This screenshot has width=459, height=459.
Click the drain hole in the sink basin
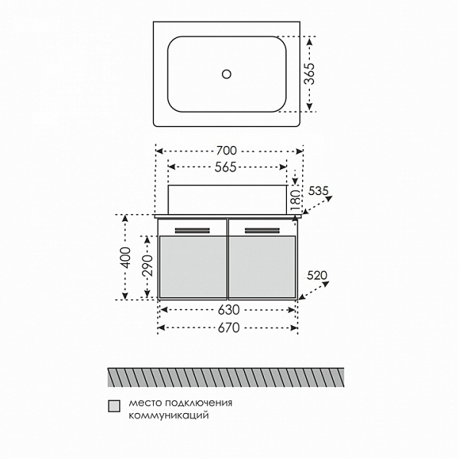[x=226, y=74]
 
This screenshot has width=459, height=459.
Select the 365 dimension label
[x=309, y=73]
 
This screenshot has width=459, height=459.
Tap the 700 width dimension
[x=226, y=151]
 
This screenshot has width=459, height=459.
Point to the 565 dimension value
[x=226, y=167]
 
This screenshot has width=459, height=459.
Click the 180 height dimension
[x=295, y=200]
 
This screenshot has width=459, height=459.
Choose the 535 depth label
[x=318, y=190]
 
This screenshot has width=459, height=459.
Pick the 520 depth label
[x=317, y=275]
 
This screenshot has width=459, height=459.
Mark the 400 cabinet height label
[x=126, y=258]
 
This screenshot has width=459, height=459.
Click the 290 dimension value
[x=148, y=265]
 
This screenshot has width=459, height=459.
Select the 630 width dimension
[x=229, y=310]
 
